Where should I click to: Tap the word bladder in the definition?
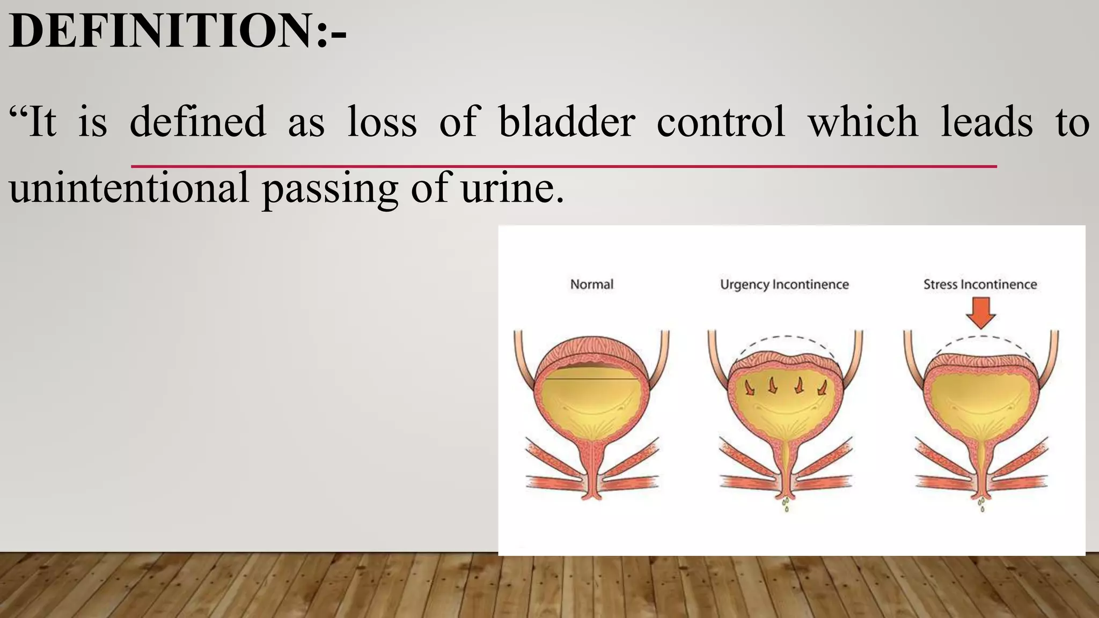coord(567,122)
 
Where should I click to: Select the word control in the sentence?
coord(721,122)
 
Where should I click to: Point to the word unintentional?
coord(129,188)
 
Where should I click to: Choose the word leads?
coord(986,122)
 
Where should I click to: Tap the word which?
coord(863,122)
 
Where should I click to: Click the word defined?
coord(198,122)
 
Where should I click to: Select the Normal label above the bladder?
coord(591,284)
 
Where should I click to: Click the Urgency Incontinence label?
coord(784,284)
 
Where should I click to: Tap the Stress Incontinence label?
coord(980,284)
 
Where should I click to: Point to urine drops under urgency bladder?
coord(786,504)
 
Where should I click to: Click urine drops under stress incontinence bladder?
coord(981,504)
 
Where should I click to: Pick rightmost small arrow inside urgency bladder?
coord(822,387)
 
